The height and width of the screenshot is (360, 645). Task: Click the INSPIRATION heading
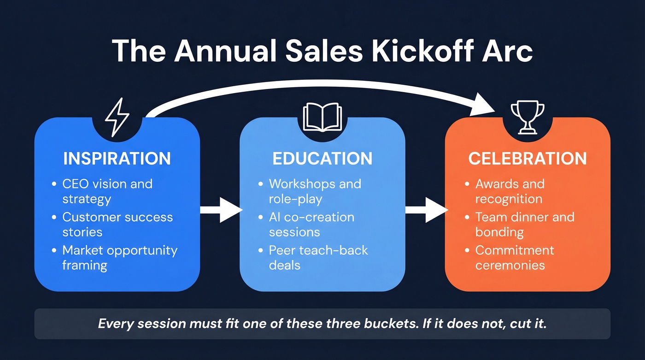click(117, 159)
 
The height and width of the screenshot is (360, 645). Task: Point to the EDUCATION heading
click(322, 159)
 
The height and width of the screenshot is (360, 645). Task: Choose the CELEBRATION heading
click(528, 159)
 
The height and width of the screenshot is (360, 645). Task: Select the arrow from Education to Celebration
click(426, 210)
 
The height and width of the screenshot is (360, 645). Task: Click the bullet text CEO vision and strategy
click(107, 191)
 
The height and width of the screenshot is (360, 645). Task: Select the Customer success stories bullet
click(117, 224)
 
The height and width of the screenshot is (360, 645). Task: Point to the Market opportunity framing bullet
click(120, 258)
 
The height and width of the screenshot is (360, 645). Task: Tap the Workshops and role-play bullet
click(315, 191)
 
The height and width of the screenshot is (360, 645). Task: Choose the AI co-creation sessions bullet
click(311, 224)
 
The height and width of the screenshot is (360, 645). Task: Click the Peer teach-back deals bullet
click(318, 258)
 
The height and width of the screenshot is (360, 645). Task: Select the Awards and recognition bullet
click(510, 191)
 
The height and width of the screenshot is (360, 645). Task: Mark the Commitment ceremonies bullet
click(515, 258)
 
